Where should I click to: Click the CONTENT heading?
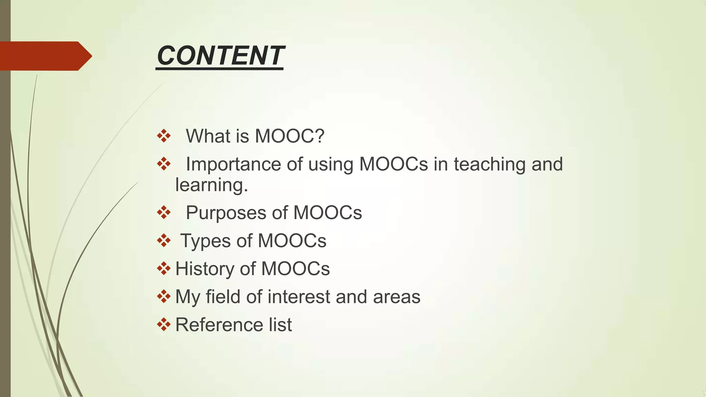click(x=220, y=56)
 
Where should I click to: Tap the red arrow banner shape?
click(x=45, y=56)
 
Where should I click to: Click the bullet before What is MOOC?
click(x=164, y=136)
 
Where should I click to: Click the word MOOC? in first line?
click(x=290, y=136)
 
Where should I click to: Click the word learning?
click(x=211, y=185)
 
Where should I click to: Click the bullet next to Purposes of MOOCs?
click(x=164, y=213)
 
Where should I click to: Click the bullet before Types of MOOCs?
click(x=164, y=241)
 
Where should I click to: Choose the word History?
click(x=205, y=269)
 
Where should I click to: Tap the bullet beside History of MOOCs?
click(x=164, y=268)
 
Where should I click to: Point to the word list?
click(x=280, y=325)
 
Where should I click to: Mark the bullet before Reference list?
click(x=164, y=324)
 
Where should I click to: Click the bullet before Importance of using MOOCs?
click(x=164, y=164)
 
